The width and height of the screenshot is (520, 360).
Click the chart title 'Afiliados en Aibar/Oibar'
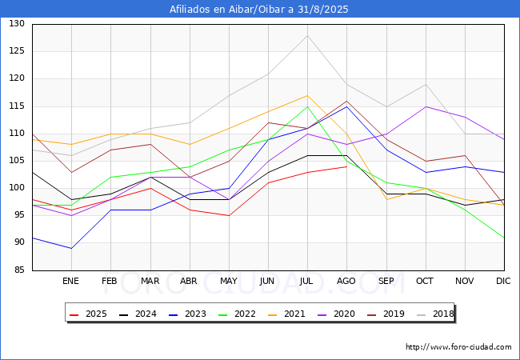[259, 10]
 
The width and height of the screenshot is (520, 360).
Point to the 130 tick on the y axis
[17, 24]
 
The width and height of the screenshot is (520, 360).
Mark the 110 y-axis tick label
[17, 134]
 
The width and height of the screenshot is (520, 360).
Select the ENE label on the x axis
[71, 282]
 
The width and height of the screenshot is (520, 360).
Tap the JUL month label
[307, 282]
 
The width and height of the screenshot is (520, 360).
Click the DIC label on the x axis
[503, 282]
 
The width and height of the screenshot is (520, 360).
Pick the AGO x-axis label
[346, 282]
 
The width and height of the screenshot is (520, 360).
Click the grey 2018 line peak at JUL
[307, 35]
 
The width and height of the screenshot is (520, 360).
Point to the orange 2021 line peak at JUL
[307, 95]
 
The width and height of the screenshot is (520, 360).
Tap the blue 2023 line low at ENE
[71, 248]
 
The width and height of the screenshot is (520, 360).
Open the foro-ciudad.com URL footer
[458, 347]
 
